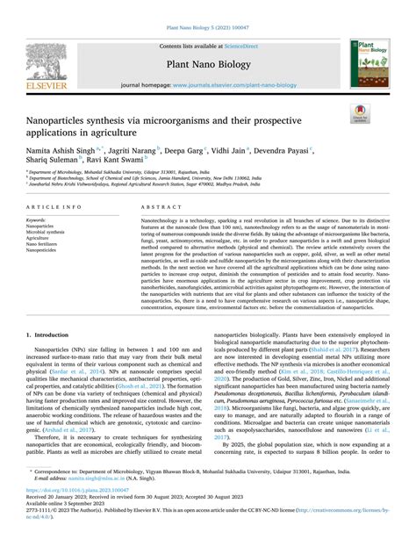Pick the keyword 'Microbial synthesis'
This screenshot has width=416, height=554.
click(48, 231)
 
